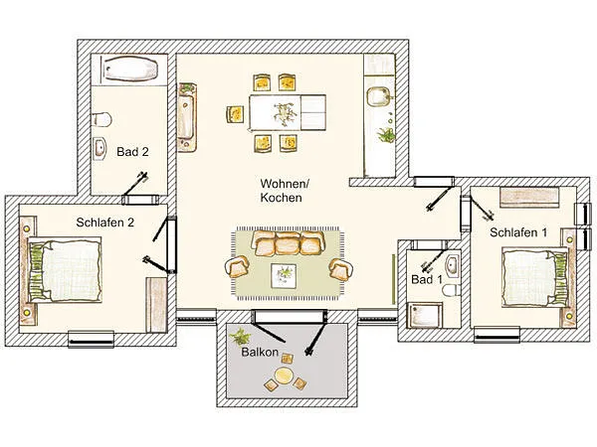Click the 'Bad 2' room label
tap(131, 152)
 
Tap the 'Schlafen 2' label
tap(105, 223)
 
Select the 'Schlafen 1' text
tap(518, 231)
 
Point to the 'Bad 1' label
tap(426, 281)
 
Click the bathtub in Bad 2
tap(128, 72)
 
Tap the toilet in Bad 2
tap(102, 119)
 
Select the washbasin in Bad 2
tap(100, 150)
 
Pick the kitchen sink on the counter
tap(379, 97)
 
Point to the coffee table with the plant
tap(287, 271)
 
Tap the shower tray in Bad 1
tap(426, 315)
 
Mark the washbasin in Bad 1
tap(452, 266)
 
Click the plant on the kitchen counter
tap(385, 135)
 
